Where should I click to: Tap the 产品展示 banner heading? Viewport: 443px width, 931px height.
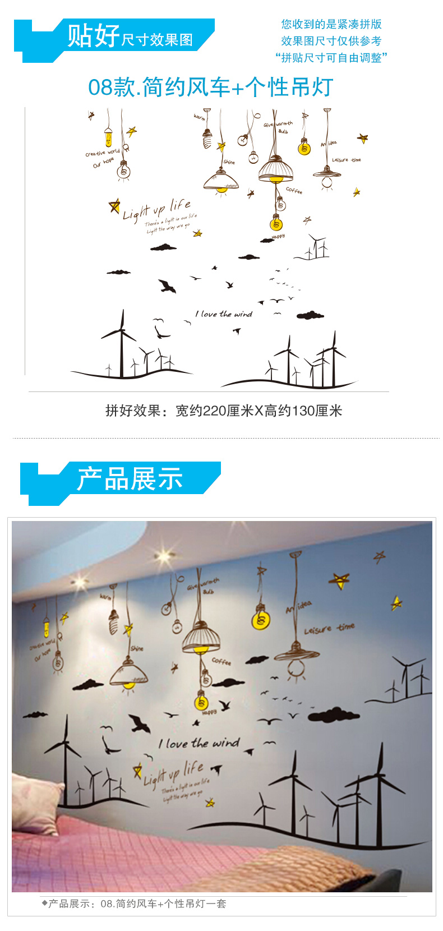point(130,480)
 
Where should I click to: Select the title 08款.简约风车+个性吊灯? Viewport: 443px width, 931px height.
point(211,87)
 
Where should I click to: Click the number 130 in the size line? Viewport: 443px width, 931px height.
point(303,411)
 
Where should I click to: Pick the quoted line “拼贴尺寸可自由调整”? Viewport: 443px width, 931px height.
point(331,58)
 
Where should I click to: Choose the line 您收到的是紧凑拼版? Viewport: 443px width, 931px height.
point(331,24)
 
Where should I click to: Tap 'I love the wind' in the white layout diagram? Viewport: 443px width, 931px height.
point(224,314)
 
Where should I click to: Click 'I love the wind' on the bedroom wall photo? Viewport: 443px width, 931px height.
point(199,744)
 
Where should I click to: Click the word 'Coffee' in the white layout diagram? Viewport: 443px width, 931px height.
point(294,191)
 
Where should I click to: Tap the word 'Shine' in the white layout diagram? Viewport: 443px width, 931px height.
point(229,162)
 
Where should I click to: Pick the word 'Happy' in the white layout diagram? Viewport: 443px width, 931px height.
point(278,237)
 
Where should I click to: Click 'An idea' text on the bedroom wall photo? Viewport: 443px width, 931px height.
point(298,607)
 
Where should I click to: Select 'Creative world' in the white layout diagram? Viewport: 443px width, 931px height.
point(102,153)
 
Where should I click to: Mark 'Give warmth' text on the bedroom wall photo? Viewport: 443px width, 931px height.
point(203,584)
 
